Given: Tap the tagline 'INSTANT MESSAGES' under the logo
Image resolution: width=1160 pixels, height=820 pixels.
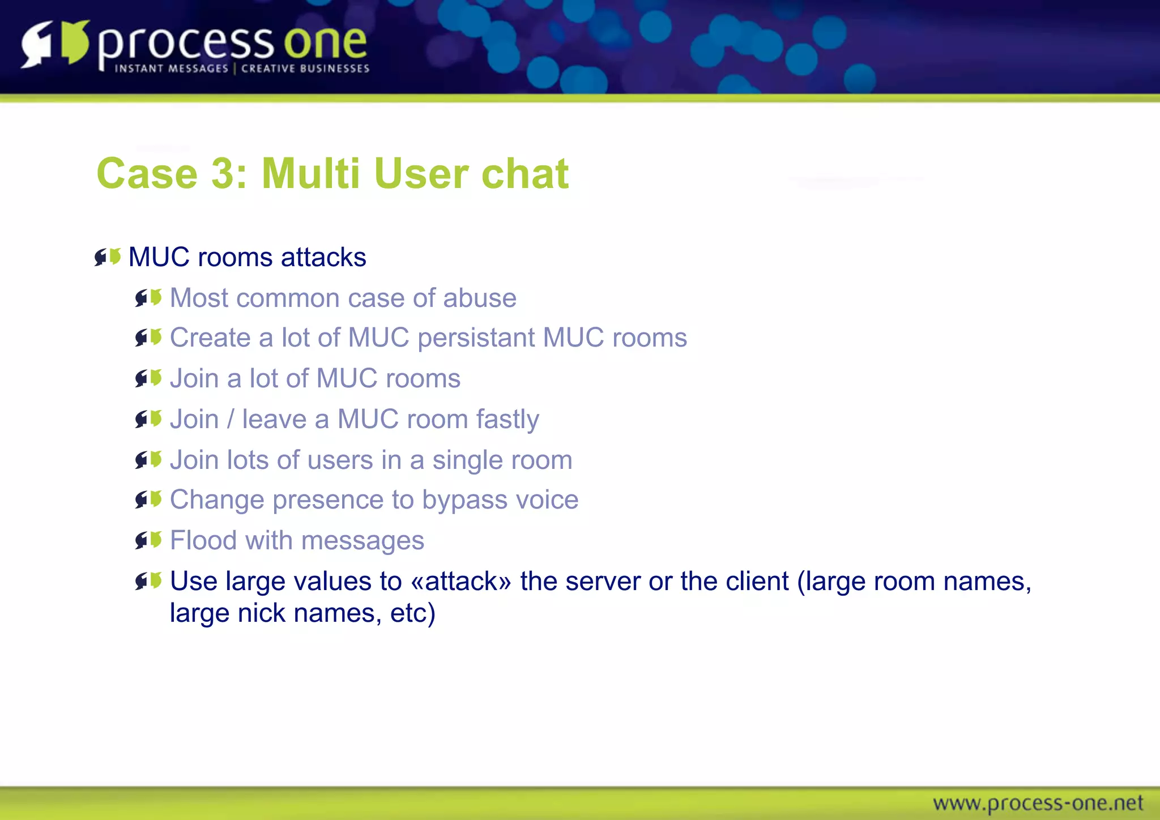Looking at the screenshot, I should [171, 69].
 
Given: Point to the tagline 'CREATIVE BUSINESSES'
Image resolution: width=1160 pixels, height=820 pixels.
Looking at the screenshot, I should [305, 69].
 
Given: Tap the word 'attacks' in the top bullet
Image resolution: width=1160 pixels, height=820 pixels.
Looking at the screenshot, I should [323, 257].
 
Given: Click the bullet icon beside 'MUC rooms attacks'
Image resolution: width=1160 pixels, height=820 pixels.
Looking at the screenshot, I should [108, 257].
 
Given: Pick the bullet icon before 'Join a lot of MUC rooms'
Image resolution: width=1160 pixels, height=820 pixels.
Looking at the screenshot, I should [148, 378].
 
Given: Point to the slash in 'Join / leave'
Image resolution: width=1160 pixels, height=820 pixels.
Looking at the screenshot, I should [230, 420].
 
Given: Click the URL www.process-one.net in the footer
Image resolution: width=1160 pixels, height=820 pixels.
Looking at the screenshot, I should [1038, 803].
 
